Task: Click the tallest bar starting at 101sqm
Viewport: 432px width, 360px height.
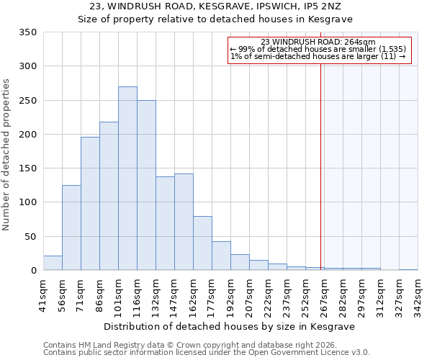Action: [x=127, y=179]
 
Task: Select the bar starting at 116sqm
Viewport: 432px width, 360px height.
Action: [x=146, y=185]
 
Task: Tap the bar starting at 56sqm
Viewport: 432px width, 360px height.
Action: [x=71, y=228]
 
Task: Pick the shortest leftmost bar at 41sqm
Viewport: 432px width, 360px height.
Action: [x=53, y=264]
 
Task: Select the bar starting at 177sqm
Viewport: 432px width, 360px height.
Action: [x=221, y=256]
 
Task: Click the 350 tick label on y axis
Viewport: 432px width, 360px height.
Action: [x=27, y=32]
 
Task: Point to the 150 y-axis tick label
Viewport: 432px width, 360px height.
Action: [x=27, y=168]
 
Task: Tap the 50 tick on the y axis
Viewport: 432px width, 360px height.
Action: [x=30, y=236]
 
